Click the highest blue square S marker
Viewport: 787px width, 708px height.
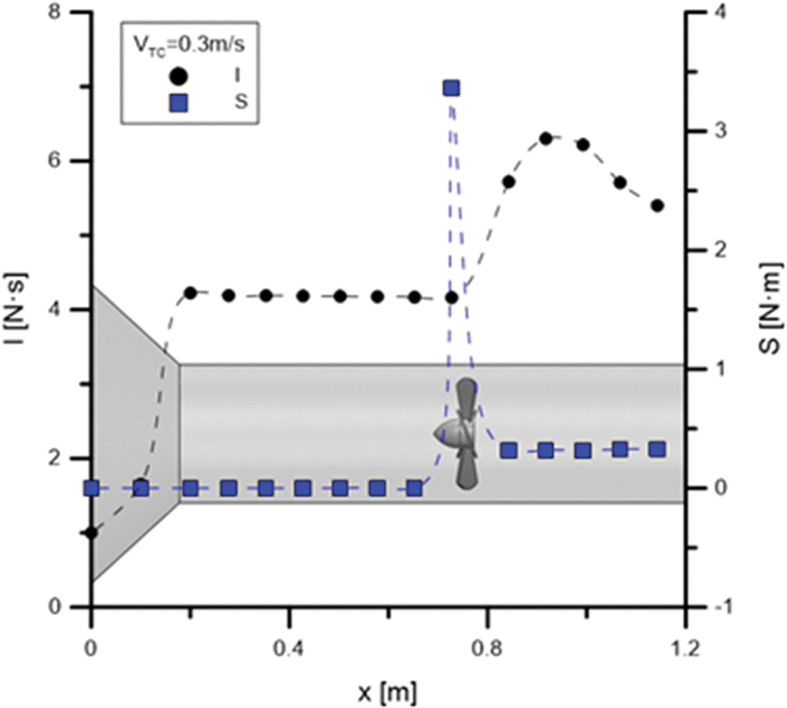[451, 89]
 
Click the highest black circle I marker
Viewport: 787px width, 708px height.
[546, 139]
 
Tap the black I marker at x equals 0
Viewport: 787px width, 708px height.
[91, 533]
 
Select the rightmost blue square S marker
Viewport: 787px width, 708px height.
[658, 449]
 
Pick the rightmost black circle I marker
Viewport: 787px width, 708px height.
[658, 206]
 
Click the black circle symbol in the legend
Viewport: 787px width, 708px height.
[178, 77]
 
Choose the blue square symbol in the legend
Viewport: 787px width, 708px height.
[178, 103]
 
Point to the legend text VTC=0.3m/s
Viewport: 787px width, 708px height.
[189, 45]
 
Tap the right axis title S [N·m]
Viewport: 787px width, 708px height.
[770, 308]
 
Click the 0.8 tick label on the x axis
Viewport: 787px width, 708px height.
[488, 649]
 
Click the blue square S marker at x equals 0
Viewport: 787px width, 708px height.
[91, 488]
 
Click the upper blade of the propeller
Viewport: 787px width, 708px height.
[466, 398]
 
